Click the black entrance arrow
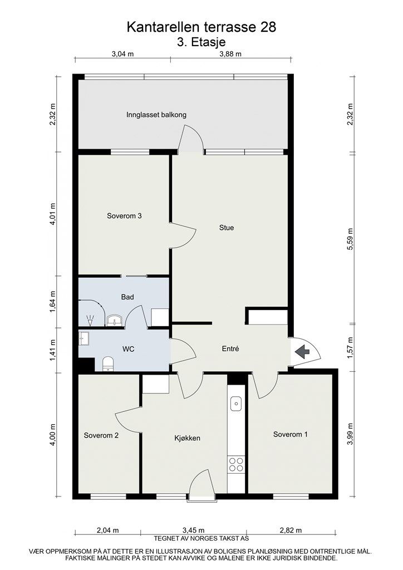tap(302, 351)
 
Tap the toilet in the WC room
tap(108, 364)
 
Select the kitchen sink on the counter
tap(236, 402)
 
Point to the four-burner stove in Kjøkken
tap(236, 464)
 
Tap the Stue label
tap(227, 227)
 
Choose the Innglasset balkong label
tap(156, 115)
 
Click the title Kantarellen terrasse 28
tap(201, 26)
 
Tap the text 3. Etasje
tap(201, 41)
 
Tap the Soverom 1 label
tap(290, 434)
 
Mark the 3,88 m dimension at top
tap(230, 54)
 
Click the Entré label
tap(230, 349)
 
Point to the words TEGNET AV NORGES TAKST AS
tap(201, 538)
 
